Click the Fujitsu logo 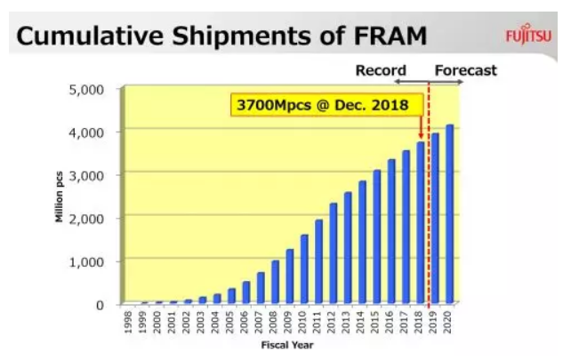pyautogui.click(x=526, y=36)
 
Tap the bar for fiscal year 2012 pyautogui.click(x=334, y=253)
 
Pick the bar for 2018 pyautogui.click(x=421, y=222)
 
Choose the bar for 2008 pyautogui.click(x=276, y=282)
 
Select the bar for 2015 pyautogui.click(x=377, y=236)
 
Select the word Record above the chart pyautogui.click(x=381, y=69)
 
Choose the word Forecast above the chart pyautogui.click(x=465, y=69)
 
